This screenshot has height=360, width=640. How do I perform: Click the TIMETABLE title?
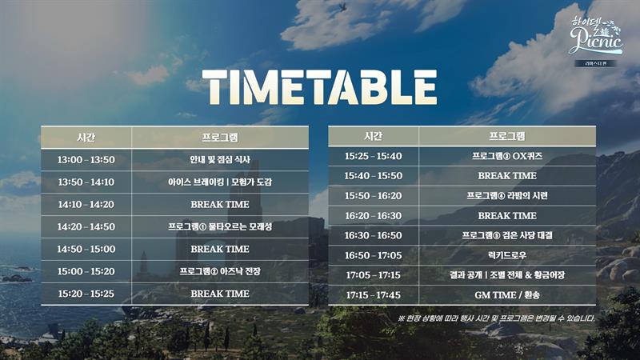319,87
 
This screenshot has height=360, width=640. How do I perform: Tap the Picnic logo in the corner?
596,37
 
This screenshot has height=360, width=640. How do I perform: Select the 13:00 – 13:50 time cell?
86,159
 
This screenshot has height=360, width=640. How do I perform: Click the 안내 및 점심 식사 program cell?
220,159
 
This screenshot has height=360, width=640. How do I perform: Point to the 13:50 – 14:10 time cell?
86,182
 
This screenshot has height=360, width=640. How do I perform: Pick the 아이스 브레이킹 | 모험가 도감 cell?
220,182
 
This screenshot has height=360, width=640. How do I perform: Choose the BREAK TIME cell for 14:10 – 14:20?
220,205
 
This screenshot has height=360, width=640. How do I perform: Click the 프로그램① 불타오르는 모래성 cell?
220,227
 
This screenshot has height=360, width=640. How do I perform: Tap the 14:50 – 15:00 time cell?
86,249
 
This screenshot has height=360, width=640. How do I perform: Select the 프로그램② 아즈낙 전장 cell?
220,271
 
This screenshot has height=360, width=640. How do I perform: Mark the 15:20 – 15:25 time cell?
86,294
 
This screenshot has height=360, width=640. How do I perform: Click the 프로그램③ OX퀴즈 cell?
507,156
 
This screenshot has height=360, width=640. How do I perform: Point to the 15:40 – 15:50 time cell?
374,176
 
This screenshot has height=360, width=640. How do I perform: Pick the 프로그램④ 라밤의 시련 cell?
507,196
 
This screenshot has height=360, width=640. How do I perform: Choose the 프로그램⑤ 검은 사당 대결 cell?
507,235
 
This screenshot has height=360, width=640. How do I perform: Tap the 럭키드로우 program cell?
507,255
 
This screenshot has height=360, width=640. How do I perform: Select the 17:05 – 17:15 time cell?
374,275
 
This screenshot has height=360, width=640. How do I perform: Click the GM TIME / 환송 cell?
507,295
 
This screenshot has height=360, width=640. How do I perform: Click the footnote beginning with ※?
496,318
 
